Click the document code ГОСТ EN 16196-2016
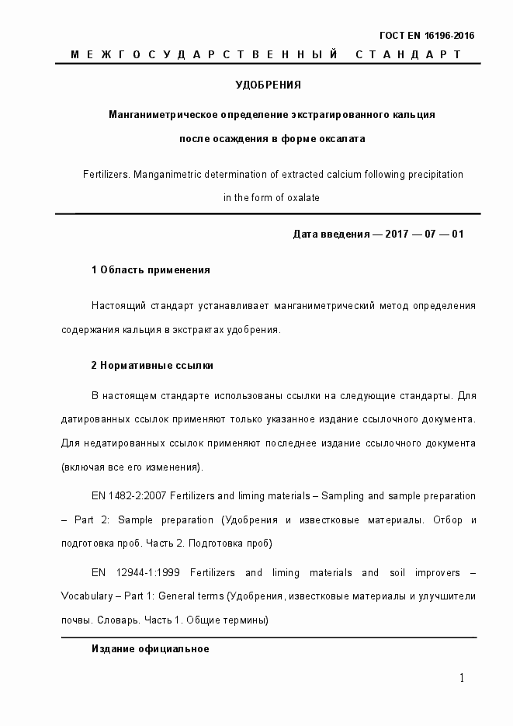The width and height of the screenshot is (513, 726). tap(426, 36)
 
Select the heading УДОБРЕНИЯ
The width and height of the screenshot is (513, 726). tap(268, 84)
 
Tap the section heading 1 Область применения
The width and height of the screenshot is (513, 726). tap(151, 270)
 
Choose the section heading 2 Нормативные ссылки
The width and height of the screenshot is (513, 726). tap(152, 365)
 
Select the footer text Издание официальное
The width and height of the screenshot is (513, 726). tap(150, 648)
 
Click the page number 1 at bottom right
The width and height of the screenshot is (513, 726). tap(462, 678)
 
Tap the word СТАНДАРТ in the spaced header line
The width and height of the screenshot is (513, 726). tap(409, 54)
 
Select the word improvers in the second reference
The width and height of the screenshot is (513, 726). tap(425, 573)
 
